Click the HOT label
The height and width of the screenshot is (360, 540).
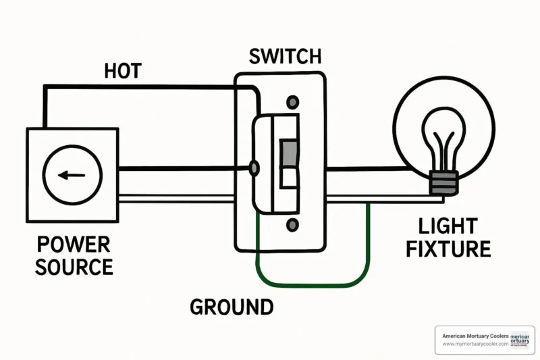[122, 70]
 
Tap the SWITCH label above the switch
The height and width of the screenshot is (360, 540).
[284, 56]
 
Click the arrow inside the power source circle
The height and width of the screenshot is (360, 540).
[71, 175]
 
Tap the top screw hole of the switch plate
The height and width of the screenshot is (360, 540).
[292, 103]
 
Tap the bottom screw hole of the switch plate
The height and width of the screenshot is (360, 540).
[292, 225]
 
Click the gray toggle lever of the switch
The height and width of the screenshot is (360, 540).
[289, 153]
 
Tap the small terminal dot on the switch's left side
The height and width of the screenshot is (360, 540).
[254, 168]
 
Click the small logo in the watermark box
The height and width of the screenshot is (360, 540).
[520, 340]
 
